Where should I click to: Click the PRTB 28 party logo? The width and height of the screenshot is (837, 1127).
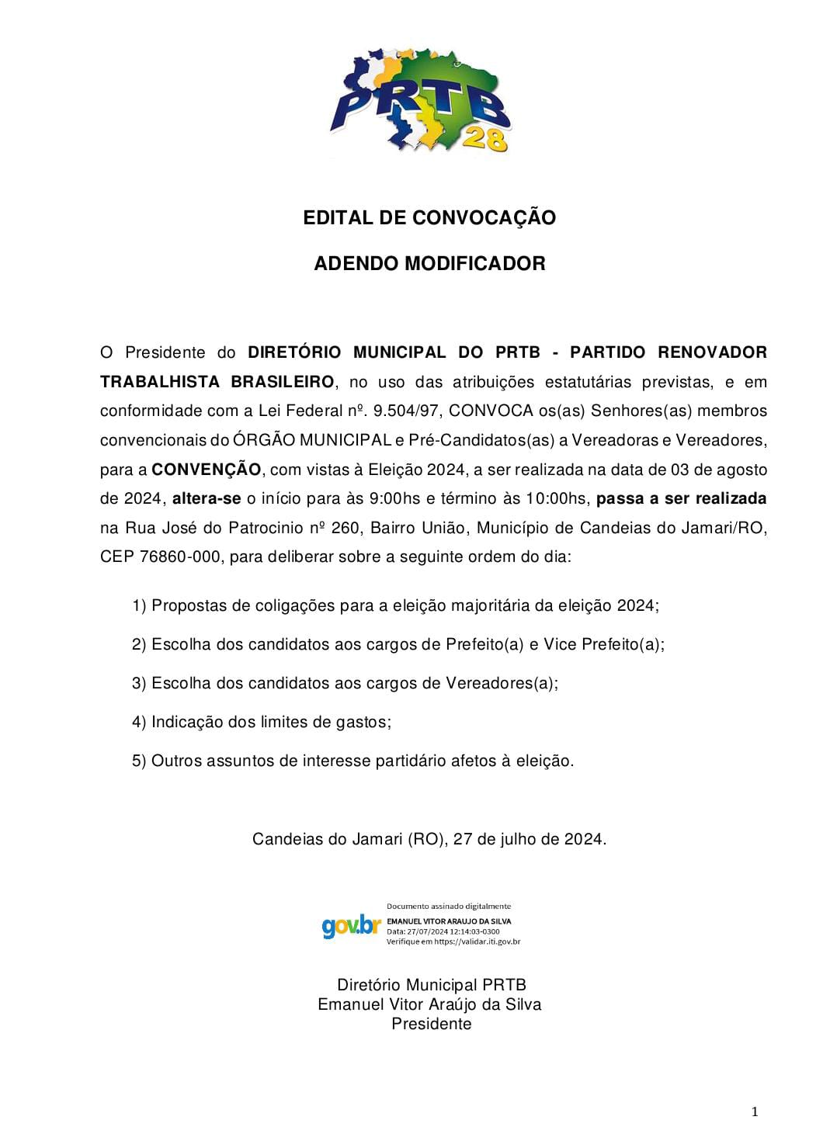pos(420,101)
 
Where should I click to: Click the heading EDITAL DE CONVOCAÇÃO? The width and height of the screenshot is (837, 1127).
pos(429,218)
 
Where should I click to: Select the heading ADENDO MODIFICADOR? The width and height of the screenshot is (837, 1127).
pos(429,264)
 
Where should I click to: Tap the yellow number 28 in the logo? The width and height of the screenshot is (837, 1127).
pos(485,140)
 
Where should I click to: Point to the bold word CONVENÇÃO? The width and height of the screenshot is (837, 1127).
pos(207,470)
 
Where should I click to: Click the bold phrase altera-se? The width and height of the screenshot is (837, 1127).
pos(207,498)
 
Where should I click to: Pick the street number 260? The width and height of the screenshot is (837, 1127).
pos(346,529)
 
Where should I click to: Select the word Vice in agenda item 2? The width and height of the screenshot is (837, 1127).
pos(560,645)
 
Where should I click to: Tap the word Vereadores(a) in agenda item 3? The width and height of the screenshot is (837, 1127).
pos(501,684)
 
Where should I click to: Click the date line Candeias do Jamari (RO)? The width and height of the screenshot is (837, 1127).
pos(429,840)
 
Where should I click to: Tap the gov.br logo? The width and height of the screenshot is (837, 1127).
pos(351,926)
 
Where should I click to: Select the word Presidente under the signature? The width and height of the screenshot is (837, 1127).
pos(431,1025)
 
